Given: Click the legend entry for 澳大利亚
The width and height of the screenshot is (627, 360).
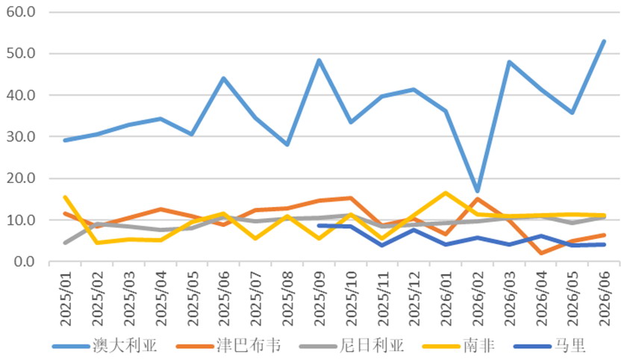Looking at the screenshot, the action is (x=104, y=346).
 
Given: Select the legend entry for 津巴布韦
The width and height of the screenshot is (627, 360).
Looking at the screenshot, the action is (x=228, y=346).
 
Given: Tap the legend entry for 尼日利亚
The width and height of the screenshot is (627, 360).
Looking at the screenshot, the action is (x=352, y=346).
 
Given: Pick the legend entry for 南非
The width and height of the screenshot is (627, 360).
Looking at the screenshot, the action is (x=458, y=346).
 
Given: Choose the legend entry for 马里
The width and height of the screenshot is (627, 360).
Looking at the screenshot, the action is (x=549, y=346).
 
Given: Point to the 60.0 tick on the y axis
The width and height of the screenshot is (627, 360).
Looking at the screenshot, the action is (x=21, y=12).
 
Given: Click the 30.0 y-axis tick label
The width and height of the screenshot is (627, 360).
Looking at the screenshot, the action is (x=21, y=137).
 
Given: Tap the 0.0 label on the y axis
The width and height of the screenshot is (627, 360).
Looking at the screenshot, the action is (x=25, y=261).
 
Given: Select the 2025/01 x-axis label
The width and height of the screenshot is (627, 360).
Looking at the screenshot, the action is (x=65, y=299).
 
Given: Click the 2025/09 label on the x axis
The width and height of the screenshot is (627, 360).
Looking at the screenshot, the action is (x=319, y=299).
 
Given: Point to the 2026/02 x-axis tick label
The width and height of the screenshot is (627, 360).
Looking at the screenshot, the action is (x=478, y=299).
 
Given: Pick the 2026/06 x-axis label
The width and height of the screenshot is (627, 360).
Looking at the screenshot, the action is (x=604, y=299).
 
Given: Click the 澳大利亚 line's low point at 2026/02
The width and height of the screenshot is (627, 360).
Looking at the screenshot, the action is (x=477, y=190).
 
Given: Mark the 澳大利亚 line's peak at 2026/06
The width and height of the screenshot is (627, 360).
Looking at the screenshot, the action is (x=604, y=41).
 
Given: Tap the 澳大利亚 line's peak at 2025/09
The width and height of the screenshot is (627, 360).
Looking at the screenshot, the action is (x=319, y=60).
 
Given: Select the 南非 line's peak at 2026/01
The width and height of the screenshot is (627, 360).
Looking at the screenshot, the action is (x=446, y=193).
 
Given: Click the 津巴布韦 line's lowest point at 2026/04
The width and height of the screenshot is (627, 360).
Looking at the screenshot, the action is (x=541, y=252).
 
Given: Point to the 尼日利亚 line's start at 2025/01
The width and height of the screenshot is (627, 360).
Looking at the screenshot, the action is (x=65, y=243).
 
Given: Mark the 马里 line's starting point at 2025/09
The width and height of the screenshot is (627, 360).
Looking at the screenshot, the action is (x=319, y=226).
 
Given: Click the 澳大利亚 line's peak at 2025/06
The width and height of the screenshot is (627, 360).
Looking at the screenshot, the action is (x=224, y=78).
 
